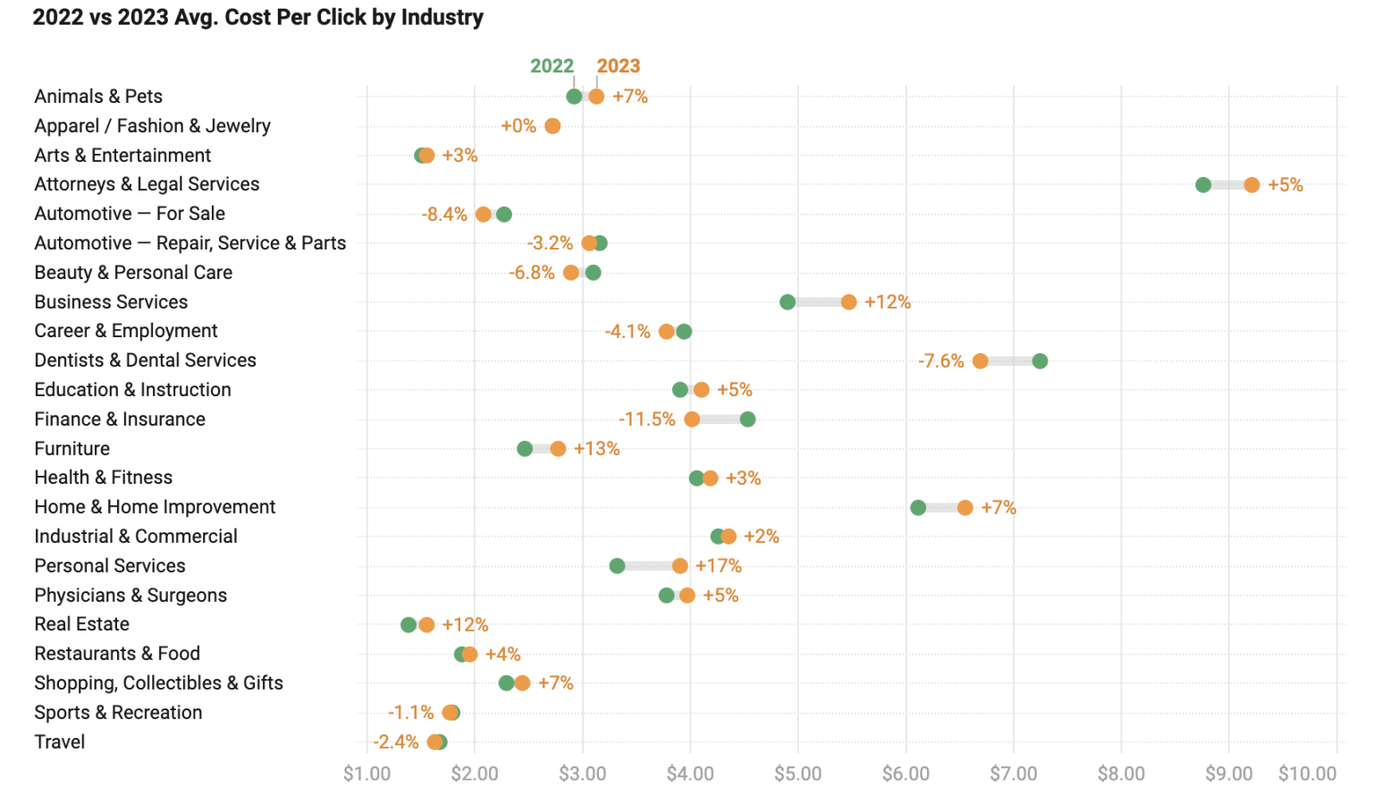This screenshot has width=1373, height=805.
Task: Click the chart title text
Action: (258, 17)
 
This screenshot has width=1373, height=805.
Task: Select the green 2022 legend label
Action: (552, 66)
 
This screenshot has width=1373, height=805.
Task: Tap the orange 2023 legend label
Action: (619, 66)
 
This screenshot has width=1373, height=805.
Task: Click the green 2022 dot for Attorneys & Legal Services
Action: (1203, 185)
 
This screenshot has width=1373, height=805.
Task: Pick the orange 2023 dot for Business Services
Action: (848, 302)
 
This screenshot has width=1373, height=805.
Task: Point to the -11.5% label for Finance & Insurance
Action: (646, 419)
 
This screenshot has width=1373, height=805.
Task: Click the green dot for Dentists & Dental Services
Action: (1040, 361)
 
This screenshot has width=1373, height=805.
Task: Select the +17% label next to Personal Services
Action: (718, 566)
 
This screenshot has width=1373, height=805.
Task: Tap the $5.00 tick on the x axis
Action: (797, 774)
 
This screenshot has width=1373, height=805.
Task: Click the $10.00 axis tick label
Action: (1307, 774)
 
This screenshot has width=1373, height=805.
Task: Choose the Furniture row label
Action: (72, 449)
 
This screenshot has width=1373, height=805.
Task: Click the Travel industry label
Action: (60, 742)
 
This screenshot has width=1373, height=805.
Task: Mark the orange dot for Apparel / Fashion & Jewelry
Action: (552, 126)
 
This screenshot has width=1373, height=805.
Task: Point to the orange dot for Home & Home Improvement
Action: (964, 508)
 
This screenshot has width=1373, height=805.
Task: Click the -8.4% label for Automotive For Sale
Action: (444, 215)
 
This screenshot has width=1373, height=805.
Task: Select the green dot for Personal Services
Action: (617, 566)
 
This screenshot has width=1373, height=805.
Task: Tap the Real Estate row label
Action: (82, 624)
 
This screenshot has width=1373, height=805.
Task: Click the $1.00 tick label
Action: (366, 774)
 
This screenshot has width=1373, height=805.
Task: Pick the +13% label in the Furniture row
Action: (596, 449)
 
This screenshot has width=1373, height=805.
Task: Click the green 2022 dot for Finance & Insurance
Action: (747, 419)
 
